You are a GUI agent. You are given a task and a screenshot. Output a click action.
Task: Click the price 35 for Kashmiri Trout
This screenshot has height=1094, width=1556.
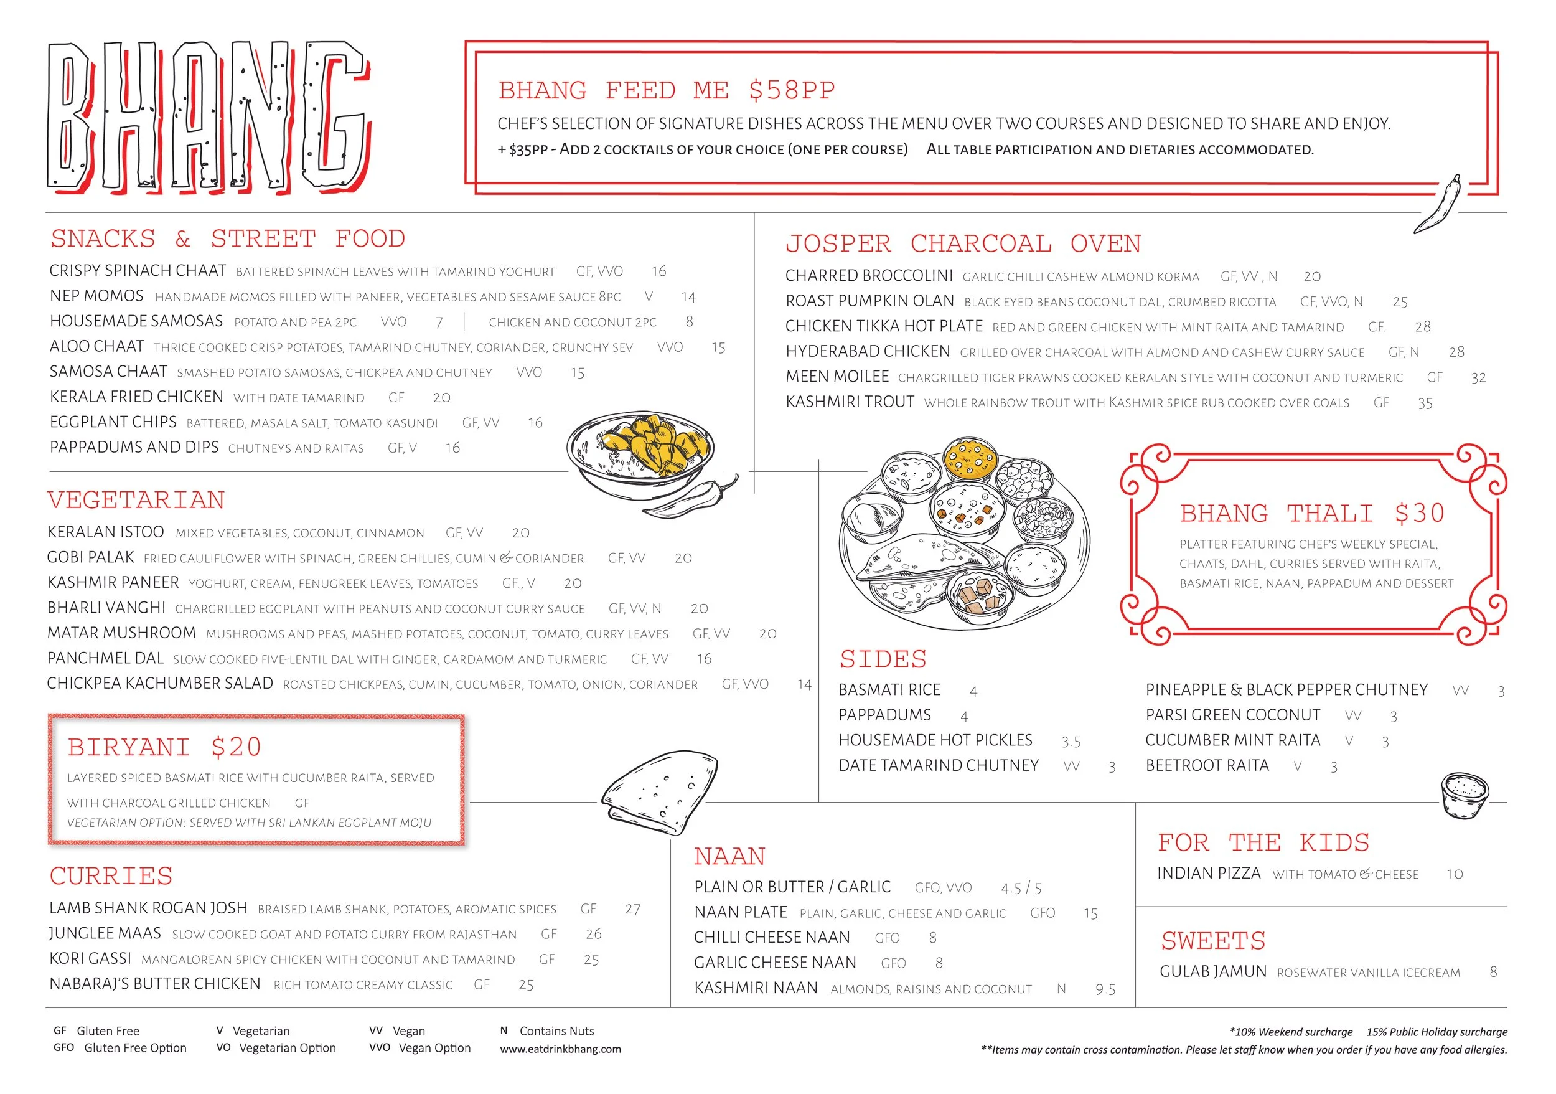(x=1425, y=404)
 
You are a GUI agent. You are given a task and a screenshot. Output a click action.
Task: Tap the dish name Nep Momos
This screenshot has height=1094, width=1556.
(x=96, y=296)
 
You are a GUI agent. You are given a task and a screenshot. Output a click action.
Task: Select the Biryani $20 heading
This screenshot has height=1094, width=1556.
(x=165, y=748)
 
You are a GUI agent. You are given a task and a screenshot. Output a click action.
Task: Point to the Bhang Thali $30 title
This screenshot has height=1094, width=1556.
(x=1311, y=514)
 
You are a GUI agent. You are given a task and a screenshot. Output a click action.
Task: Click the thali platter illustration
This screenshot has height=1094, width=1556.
(x=963, y=534)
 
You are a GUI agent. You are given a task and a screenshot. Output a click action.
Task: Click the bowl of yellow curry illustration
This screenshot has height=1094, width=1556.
(x=640, y=453)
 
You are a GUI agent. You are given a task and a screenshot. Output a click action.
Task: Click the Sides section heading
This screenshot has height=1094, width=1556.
(x=883, y=659)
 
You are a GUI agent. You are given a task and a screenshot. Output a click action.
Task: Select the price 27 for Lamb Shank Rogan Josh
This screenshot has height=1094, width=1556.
(x=632, y=910)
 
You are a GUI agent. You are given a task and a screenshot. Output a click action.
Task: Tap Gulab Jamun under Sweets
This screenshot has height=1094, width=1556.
(x=1212, y=972)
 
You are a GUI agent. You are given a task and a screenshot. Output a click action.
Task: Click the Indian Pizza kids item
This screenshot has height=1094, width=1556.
(x=1208, y=874)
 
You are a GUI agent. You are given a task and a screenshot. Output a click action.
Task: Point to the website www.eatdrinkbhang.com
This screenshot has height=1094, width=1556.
(x=560, y=1049)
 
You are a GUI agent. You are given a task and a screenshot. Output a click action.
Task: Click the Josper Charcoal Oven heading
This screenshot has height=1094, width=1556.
(x=963, y=244)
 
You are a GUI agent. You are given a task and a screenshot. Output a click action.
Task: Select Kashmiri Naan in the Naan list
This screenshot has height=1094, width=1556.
(x=756, y=988)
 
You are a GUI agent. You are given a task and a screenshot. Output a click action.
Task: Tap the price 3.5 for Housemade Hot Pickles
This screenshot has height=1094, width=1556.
(x=1071, y=742)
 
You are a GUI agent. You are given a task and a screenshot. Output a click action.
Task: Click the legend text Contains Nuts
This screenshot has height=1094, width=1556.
(x=556, y=1032)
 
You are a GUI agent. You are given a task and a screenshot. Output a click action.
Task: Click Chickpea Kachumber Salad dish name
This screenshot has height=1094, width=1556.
(x=160, y=684)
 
